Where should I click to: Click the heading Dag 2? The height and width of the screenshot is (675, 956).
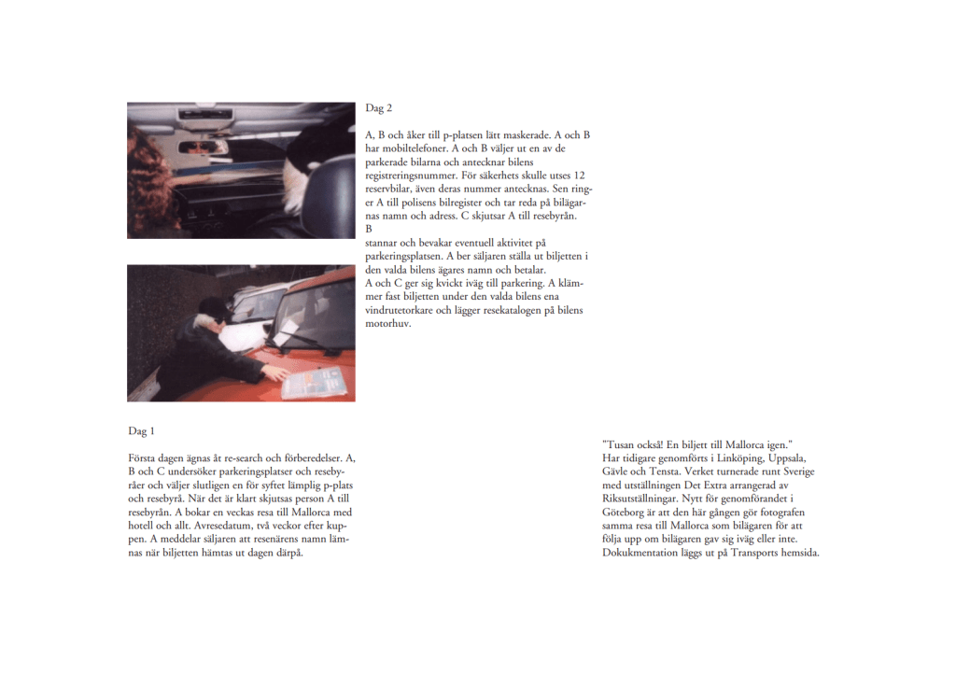(379, 108)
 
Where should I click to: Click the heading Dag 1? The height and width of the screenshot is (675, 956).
(142, 431)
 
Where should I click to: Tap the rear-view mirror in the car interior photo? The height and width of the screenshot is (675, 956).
(203, 147)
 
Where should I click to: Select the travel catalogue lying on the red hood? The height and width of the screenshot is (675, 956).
(315, 383)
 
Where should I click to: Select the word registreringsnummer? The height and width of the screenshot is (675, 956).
(411, 176)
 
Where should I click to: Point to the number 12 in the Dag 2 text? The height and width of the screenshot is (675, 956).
(579, 175)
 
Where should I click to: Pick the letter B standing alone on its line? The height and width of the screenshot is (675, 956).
(368, 229)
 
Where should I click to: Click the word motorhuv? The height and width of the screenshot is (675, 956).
(387, 323)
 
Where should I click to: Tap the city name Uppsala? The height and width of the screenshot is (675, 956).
(787, 457)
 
